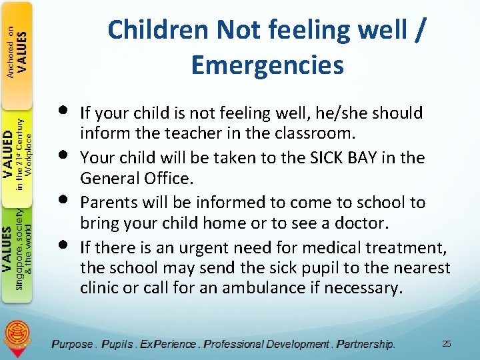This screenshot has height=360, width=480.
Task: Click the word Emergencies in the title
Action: [267, 65]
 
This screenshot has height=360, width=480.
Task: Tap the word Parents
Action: [106, 203]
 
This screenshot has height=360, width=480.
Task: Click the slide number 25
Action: [446, 343]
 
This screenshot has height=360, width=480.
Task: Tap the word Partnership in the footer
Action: [365, 344]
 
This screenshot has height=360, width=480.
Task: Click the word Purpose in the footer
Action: [73, 344]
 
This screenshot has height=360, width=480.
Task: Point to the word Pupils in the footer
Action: [117, 344]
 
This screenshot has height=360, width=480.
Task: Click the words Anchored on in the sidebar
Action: [11, 53]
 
